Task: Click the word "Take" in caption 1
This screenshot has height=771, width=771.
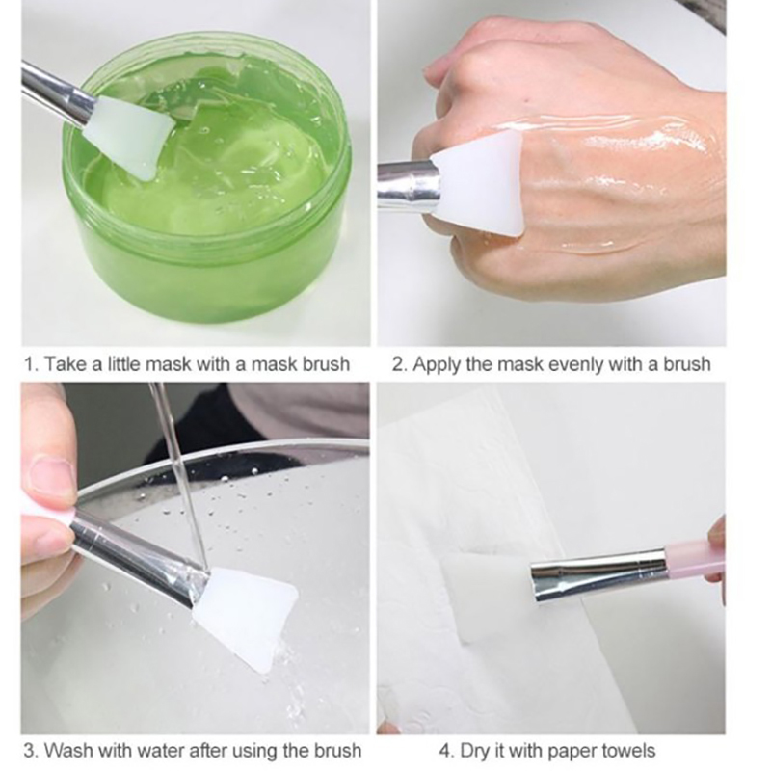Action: [x=65, y=364]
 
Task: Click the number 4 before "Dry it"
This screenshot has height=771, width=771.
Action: [x=444, y=751]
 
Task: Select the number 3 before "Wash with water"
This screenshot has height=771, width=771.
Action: [x=29, y=751]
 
